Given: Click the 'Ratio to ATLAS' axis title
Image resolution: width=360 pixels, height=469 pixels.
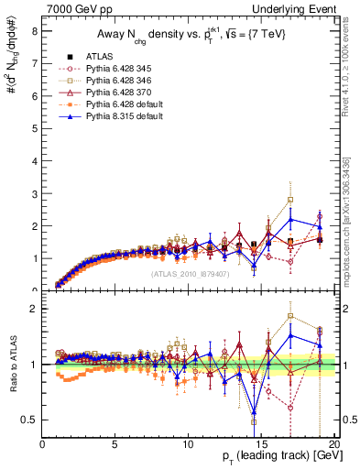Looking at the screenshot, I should [x=13, y=366].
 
